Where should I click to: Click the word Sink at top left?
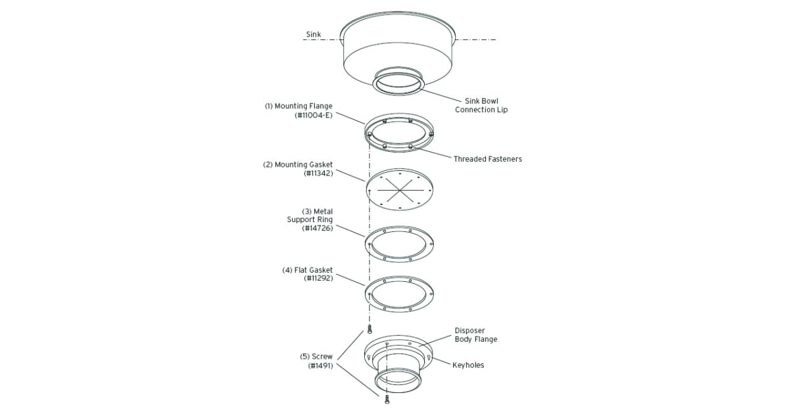click(x=314, y=34)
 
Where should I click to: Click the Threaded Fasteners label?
click(x=487, y=159)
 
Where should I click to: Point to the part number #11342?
click(x=318, y=174)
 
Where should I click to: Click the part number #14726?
click(x=318, y=228)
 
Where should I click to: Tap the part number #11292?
click(x=318, y=278)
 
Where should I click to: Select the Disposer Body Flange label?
click(x=476, y=335)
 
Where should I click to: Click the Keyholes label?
click(x=468, y=365)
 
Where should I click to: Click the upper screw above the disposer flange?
click(x=370, y=329)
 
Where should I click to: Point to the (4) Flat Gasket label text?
click(x=308, y=269)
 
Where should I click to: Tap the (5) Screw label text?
click(x=316, y=356)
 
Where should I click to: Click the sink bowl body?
click(x=398, y=53)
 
